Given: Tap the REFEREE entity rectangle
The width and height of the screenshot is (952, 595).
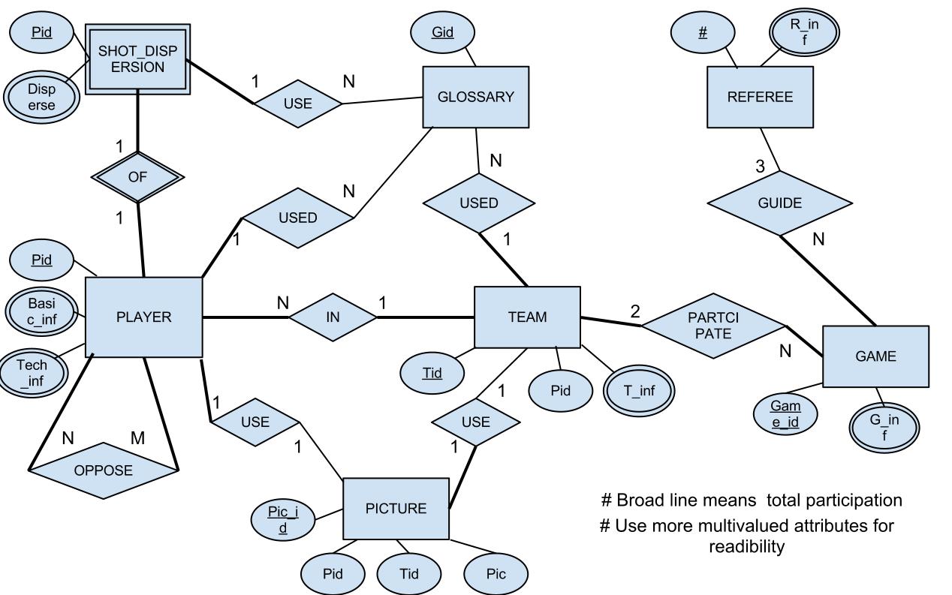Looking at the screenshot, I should coord(759,97).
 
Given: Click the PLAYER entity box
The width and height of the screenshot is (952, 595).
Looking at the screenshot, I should coord(143,317).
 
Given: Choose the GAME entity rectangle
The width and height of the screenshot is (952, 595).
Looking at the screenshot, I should coord(875,356).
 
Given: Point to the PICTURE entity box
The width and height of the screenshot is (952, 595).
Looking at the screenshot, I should coord(396,508).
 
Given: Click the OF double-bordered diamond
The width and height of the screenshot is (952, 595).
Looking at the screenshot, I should coord(137,177).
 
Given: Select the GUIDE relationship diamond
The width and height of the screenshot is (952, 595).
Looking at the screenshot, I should coord(779,203).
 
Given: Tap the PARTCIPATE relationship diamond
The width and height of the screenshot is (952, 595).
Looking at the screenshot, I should coord(712,324).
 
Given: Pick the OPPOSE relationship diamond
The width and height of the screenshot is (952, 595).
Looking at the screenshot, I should coord(103,470).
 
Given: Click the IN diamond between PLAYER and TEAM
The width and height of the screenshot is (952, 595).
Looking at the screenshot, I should coord(333,317).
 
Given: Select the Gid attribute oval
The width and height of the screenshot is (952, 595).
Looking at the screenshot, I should coord(442,34).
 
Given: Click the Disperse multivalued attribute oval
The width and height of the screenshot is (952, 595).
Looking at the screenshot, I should coord(41,98).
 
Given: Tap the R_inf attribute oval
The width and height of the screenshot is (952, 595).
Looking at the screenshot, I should coord(804,32).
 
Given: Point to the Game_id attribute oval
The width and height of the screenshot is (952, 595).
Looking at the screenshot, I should coord(785,414).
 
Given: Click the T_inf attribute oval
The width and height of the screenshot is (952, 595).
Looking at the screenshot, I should coord(639,390).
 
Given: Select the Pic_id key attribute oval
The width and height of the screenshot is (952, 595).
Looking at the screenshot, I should coord(283,519).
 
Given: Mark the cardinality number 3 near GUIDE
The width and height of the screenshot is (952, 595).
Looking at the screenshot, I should coord(760,167).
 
